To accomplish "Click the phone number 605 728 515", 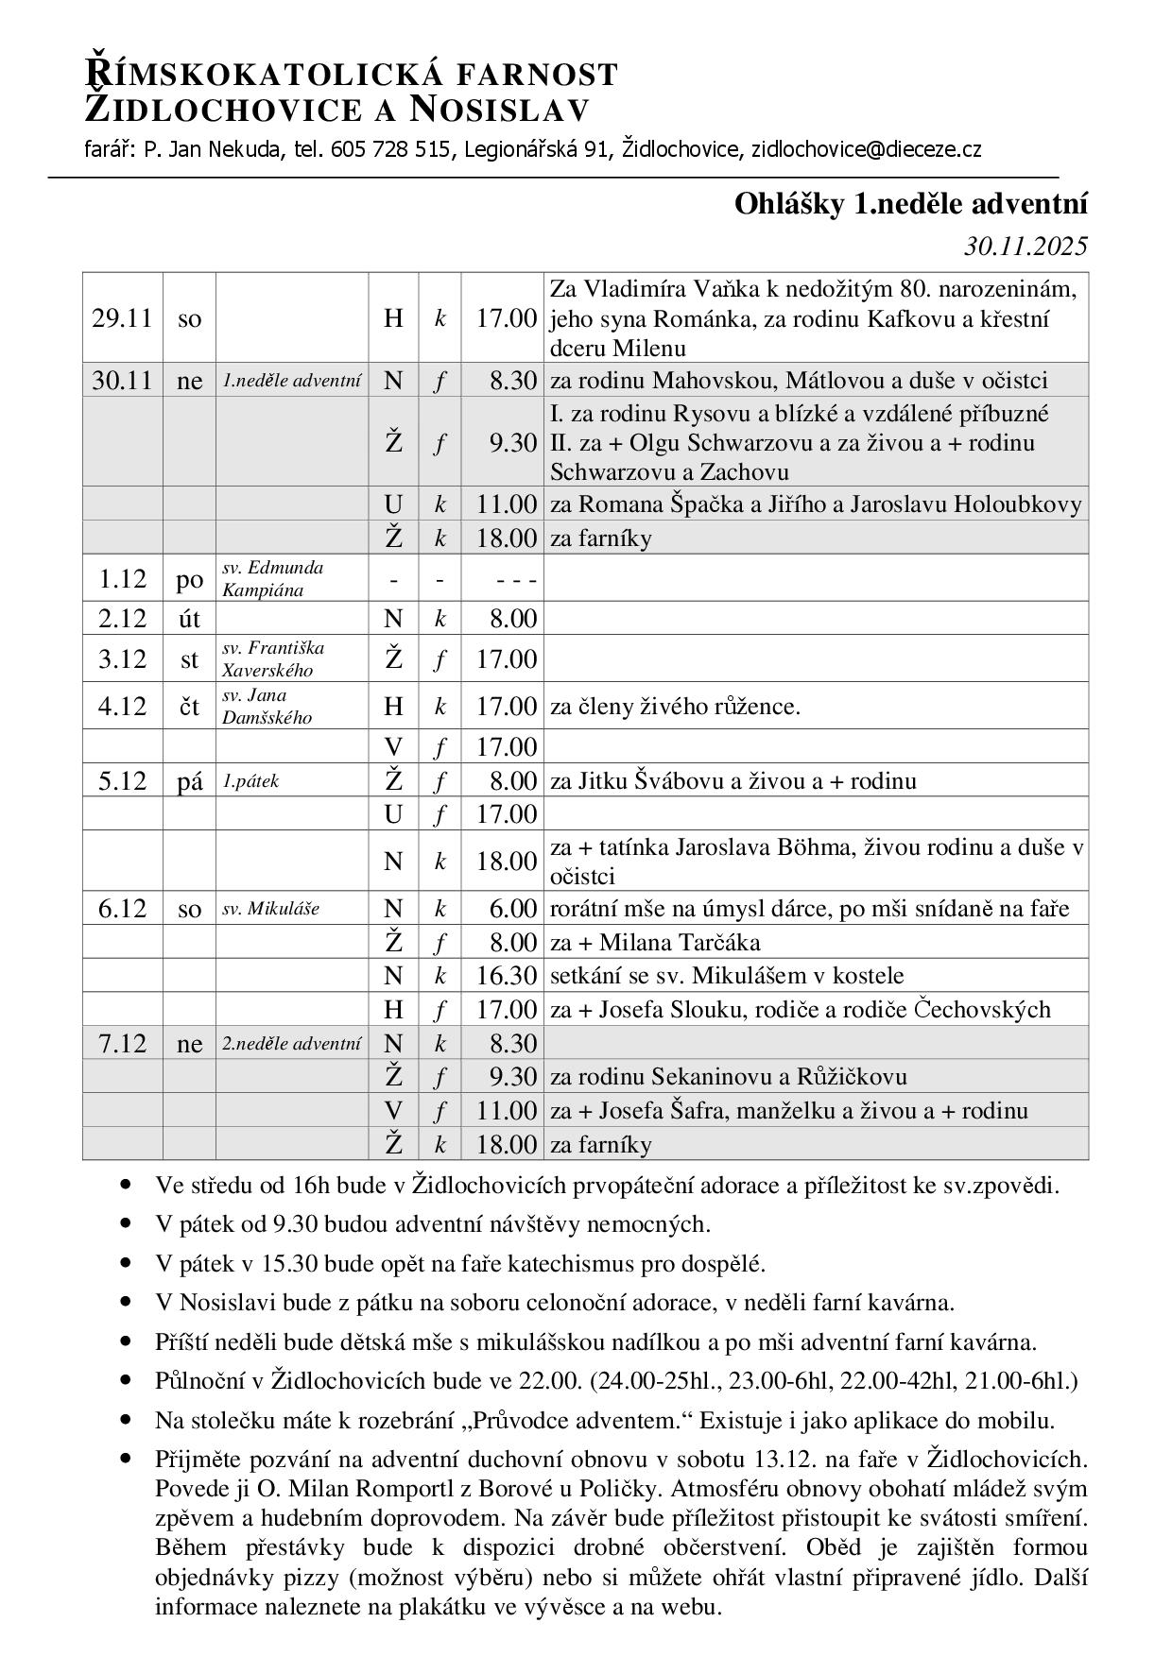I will click(x=389, y=149).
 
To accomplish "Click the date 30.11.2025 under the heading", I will click(x=1025, y=247).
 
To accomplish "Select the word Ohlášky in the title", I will click(x=789, y=204).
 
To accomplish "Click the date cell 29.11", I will click(x=122, y=318).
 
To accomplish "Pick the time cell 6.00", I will click(x=513, y=909).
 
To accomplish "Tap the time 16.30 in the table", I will click(x=507, y=976).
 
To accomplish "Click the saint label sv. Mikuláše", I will click(x=270, y=909).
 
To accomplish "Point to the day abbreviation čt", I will click(x=189, y=707).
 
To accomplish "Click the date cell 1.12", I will click(x=122, y=579).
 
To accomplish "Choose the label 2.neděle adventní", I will click(x=291, y=1044).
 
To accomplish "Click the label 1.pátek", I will click(x=250, y=781).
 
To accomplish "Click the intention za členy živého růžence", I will click(x=675, y=707).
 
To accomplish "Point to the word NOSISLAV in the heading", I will click(x=500, y=110).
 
